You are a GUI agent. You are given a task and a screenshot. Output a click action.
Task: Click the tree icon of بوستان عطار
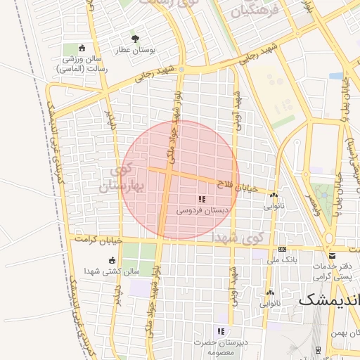click(x=136, y=39)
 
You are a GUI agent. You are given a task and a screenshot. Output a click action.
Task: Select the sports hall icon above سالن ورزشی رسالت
click(x=82, y=48)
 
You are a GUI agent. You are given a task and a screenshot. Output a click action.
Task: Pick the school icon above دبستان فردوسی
click(x=202, y=200)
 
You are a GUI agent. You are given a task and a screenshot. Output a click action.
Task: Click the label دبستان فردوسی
click(x=202, y=210)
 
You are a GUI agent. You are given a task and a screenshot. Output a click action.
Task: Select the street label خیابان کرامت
click(x=103, y=240)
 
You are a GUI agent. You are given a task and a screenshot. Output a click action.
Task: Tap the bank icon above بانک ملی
click(x=282, y=249)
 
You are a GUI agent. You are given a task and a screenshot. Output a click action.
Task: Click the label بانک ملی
click(x=282, y=259)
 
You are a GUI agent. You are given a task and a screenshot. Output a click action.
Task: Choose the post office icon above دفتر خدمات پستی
click(x=332, y=256)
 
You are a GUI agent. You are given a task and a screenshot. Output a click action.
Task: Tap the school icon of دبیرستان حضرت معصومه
click(x=221, y=331)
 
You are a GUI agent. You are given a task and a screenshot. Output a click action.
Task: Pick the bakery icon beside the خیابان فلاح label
click(x=274, y=195)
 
